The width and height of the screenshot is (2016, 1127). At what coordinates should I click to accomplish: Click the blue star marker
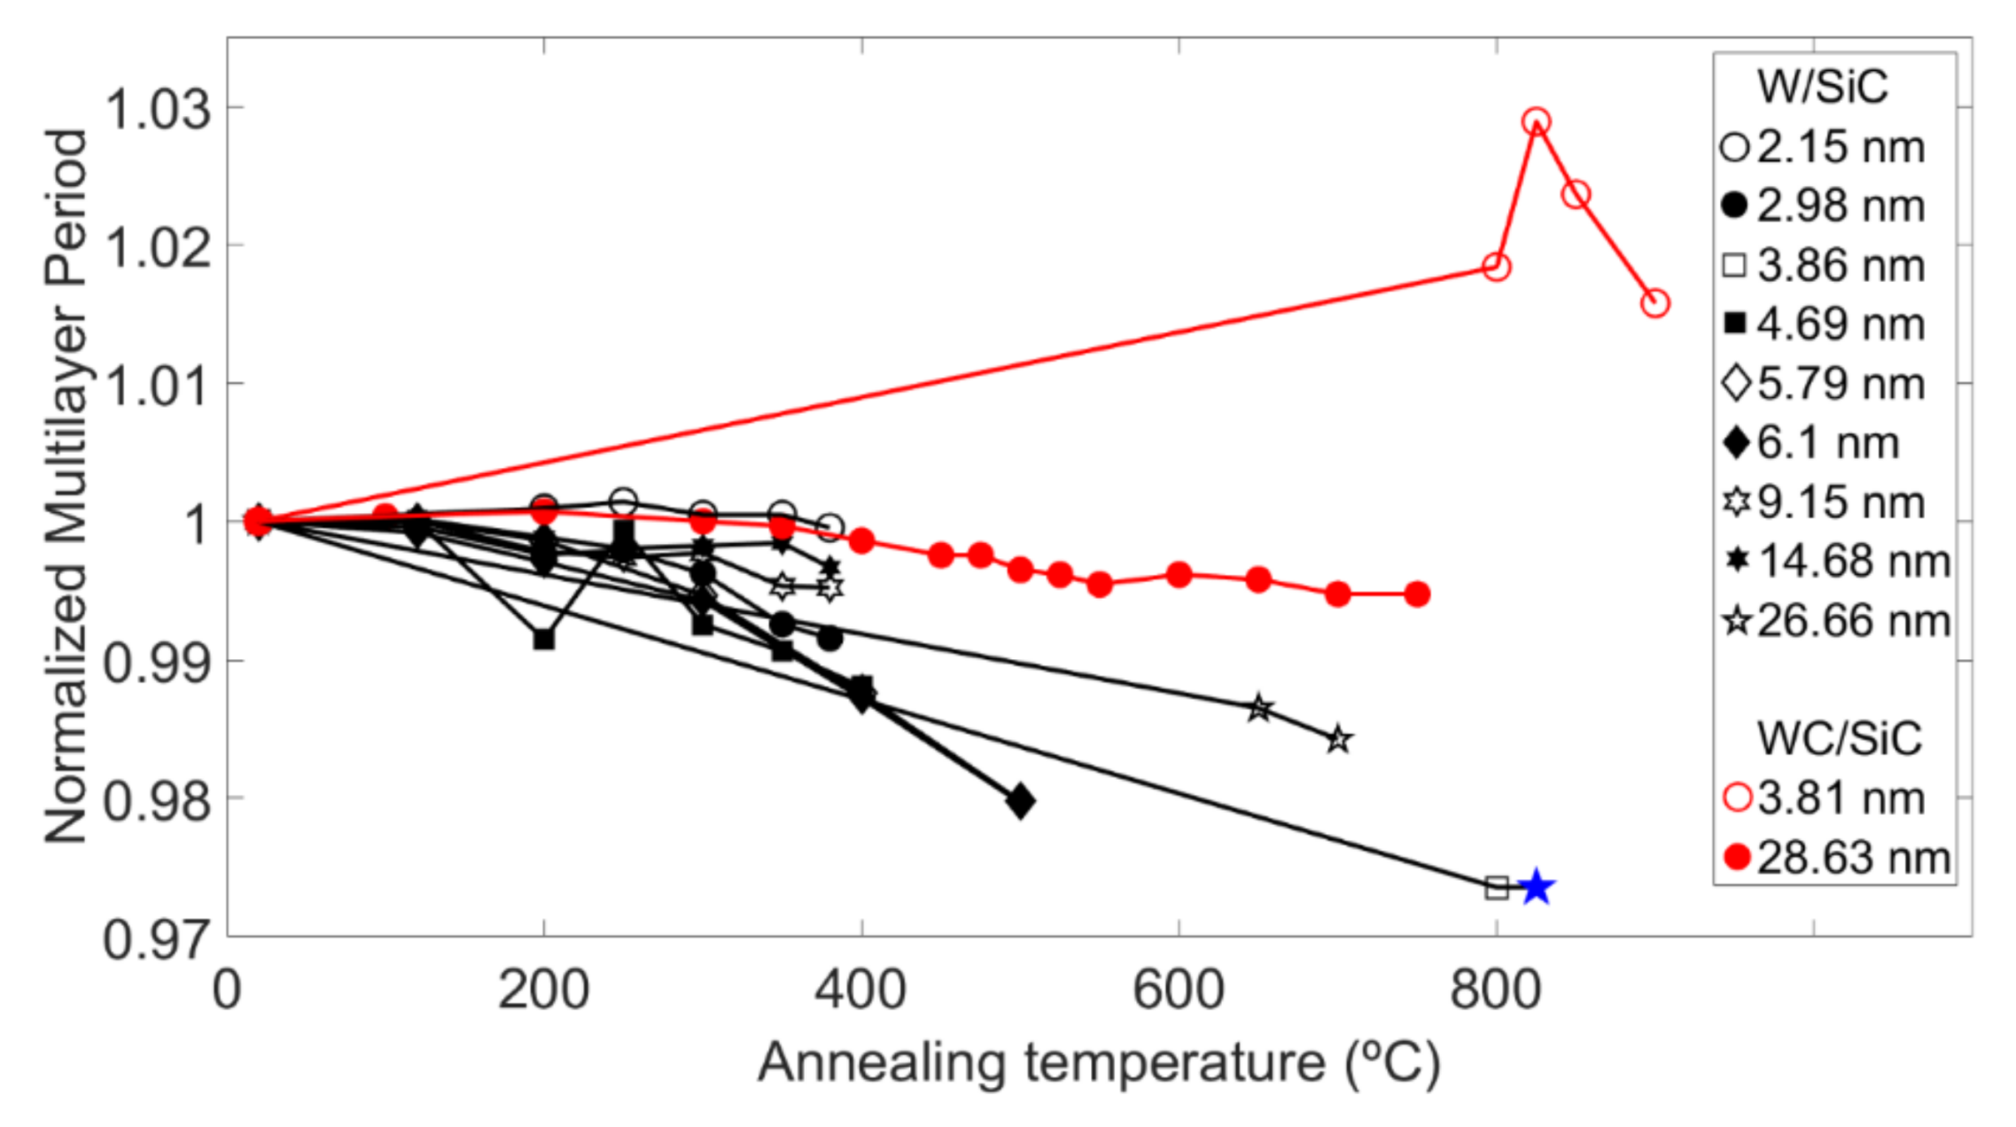[1536, 887]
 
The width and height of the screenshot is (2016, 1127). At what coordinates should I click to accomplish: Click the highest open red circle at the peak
[1536, 121]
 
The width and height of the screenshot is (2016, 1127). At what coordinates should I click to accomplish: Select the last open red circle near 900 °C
[1654, 304]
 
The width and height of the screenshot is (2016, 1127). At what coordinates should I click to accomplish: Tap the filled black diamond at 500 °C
[1020, 801]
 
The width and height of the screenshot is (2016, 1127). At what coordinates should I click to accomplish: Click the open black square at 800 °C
[1496, 888]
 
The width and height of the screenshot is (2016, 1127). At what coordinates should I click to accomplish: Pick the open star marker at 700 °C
[1338, 740]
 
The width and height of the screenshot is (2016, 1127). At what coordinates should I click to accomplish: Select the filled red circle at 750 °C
[1417, 595]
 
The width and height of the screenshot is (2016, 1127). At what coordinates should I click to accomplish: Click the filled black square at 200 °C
[543, 639]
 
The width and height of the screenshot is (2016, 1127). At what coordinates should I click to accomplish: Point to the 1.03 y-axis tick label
[158, 110]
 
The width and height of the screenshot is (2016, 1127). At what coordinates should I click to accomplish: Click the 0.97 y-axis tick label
[158, 939]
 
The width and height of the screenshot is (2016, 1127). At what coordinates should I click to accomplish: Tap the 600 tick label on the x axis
[1179, 991]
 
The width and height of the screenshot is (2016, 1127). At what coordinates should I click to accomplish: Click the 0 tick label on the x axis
[227, 991]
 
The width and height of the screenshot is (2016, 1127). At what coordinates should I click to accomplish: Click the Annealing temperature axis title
[1099, 1062]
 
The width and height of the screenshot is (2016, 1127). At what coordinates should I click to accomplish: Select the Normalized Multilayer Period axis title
[66, 486]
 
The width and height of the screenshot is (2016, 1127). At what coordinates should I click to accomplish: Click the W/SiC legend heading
[1822, 87]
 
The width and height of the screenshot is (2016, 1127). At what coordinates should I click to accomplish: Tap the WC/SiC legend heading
[1839, 738]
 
